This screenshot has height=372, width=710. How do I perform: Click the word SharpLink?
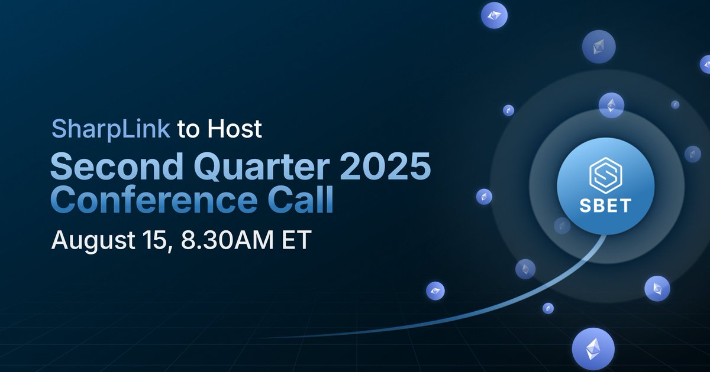click(111, 129)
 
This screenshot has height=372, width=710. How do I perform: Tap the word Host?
click(234, 129)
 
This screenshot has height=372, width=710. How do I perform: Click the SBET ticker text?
click(605, 206)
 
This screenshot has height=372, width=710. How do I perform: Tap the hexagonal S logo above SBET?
click(605, 175)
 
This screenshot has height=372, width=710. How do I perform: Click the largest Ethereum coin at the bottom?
click(593, 349)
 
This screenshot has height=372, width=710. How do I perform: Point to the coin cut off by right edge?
click(705, 64)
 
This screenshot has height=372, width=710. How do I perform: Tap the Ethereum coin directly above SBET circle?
click(611, 105)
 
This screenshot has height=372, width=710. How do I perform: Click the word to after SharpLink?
click(189, 129)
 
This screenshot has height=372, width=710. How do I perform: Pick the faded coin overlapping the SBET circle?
click(561, 225)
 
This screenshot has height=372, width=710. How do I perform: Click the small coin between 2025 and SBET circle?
click(485, 197)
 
